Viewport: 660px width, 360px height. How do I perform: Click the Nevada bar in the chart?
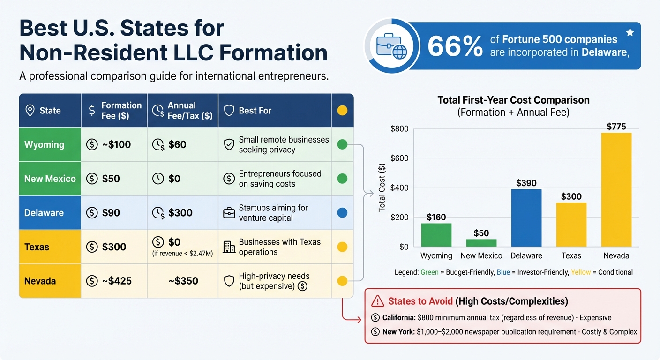coord(616,189)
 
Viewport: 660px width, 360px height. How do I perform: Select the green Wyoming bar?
coord(436,235)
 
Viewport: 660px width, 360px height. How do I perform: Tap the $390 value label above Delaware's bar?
coord(526,183)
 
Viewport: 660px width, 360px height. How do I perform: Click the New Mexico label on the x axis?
coord(481,256)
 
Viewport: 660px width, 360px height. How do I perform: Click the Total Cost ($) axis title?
coord(382,187)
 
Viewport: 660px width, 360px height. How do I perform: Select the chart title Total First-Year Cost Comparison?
coord(513,100)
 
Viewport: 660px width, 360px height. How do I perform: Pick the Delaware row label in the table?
coord(44,213)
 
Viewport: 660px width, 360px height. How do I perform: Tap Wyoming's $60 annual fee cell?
coord(177,144)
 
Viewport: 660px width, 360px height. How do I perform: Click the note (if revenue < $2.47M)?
coord(182,254)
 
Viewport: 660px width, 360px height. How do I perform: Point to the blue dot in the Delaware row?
coord(342,213)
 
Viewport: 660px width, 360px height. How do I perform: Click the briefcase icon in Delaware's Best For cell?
coord(229,213)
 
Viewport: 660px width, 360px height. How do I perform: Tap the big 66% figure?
coord(455,47)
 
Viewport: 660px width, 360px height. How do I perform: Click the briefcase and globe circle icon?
coord(392,46)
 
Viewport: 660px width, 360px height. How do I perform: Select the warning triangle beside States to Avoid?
coord(377,301)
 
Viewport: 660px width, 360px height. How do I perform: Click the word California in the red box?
coord(398,318)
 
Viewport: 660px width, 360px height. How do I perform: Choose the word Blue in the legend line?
coord(503,272)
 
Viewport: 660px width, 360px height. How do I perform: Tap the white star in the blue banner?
coord(630,32)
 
